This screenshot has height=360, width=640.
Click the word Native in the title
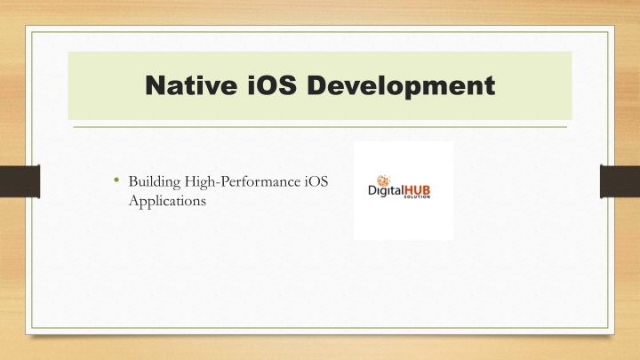click(x=191, y=85)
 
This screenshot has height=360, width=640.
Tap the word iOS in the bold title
click(x=272, y=85)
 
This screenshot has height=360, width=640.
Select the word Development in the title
click(x=401, y=86)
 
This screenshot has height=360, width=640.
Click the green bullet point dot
click(x=116, y=180)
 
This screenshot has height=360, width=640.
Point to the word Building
click(x=155, y=182)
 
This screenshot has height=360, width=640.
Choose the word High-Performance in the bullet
click(x=243, y=182)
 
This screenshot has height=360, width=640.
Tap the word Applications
click(x=167, y=201)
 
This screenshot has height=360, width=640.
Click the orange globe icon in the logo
click(x=383, y=180)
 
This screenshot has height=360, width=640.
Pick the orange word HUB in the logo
click(x=417, y=190)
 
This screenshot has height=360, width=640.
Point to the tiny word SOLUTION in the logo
click(x=417, y=196)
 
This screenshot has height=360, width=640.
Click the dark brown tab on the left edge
click(x=20, y=181)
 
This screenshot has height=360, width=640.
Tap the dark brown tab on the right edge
click(x=620, y=181)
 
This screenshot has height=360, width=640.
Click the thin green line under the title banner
click(x=320, y=127)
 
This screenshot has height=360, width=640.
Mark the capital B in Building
click(x=133, y=181)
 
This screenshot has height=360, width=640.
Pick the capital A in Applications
click(x=134, y=200)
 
